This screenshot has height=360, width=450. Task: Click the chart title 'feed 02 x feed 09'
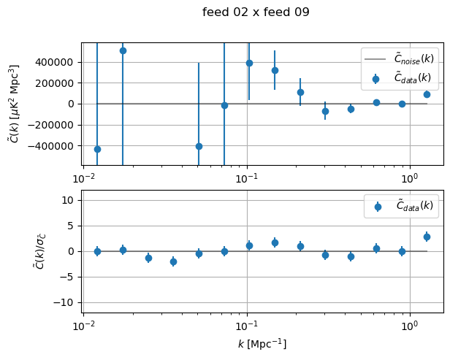click(x=256, y=12)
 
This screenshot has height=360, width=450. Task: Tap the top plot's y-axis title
click(x=13, y=104)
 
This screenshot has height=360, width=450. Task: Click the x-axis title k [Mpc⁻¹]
click(x=262, y=344)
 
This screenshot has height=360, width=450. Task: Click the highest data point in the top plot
click(x=123, y=50)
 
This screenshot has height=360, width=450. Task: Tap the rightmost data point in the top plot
click(x=427, y=94)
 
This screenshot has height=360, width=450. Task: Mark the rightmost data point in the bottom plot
click(x=427, y=237)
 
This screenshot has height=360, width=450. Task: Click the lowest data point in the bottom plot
click(x=173, y=261)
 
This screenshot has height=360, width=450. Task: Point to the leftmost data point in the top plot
click(x=97, y=149)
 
